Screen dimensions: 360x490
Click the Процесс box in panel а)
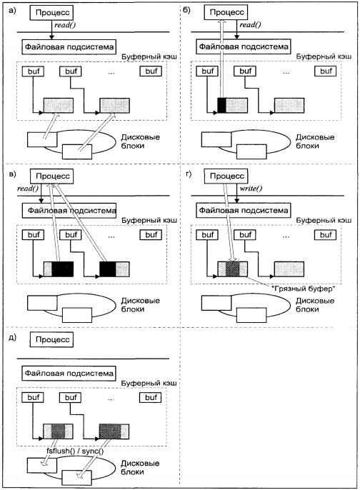pos(51,13)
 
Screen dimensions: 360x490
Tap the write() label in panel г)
pos(251,189)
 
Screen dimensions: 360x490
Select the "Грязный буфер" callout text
pos(303,289)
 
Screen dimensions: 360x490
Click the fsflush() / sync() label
pos(75,451)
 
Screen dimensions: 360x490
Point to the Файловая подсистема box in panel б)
pos(244,47)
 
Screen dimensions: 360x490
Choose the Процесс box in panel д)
pos(51,339)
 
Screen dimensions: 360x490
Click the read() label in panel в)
pos(28,189)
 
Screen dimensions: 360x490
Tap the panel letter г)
pos(189,174)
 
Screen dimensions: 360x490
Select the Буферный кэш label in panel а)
pos(149,56)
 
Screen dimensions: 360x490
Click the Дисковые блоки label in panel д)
pos(140,467)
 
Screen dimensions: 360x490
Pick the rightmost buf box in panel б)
pos(325,71)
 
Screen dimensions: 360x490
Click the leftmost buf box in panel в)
pos(33,235)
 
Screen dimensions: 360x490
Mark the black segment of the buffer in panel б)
pos(221,105)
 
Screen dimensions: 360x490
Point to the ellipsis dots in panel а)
pos(111,73)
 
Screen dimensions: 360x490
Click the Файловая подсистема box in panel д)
pos(69,373)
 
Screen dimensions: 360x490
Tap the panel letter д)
pos(12,338)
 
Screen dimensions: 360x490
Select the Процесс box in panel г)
pos(226,176)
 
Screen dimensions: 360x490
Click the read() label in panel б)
pos(250,25)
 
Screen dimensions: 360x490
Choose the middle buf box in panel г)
pos(245,235)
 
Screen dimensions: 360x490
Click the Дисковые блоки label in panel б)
pos(315,141)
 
